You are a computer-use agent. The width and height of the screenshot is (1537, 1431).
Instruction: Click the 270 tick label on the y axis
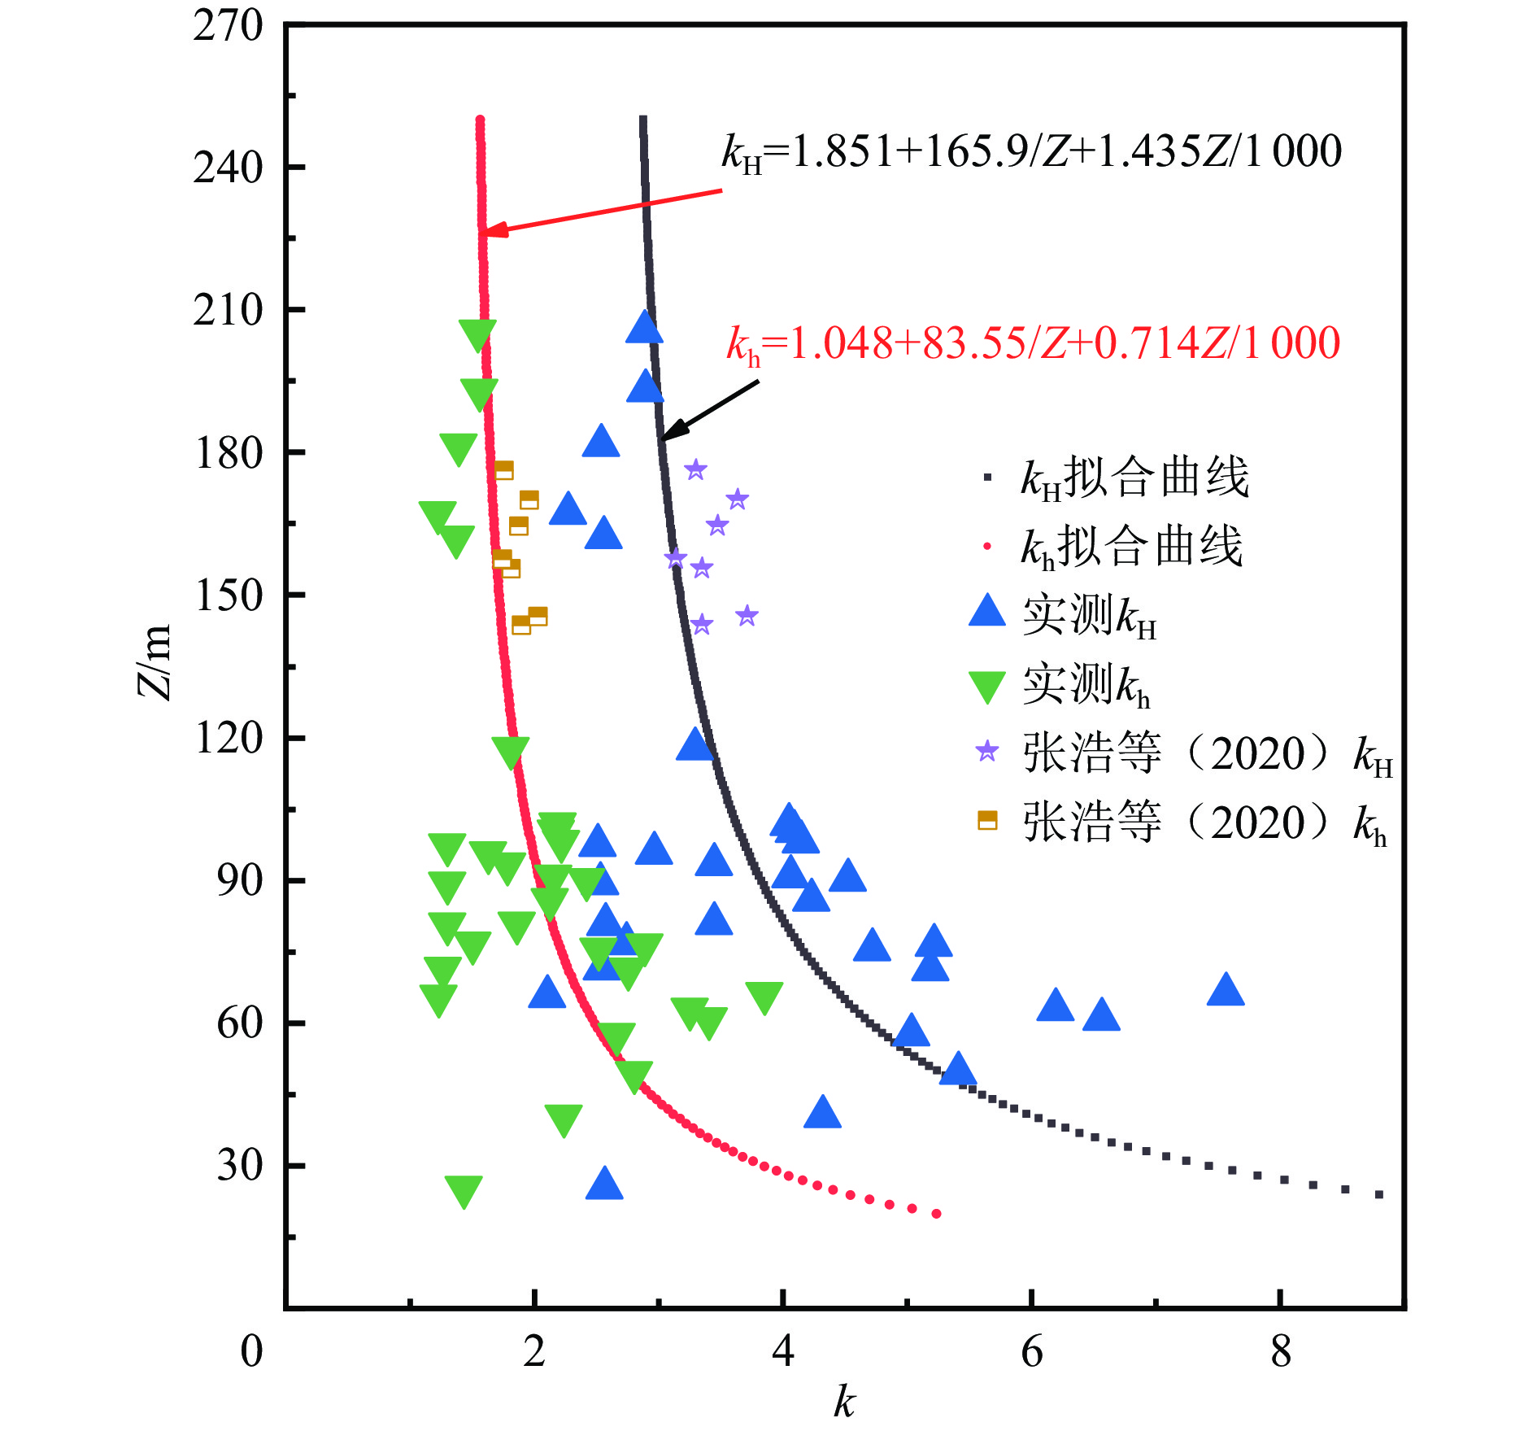click(x=228, y=26)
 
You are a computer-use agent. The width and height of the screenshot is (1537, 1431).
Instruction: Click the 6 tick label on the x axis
click(x=1031, y=1351)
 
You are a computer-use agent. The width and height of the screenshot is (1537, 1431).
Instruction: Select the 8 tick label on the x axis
click(x=1281, y=1351)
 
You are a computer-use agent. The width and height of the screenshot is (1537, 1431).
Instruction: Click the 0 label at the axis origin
click(x=251, y=1351)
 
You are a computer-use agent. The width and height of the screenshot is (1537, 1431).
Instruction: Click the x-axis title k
click(x=844, y=1402)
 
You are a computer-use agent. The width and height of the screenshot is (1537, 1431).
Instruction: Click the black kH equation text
click(x=1031, y=152)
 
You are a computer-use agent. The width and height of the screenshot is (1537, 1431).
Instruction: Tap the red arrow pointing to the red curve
click(x=602, y=212)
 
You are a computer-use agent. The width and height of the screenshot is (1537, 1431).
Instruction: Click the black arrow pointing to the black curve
click(x=709, y=410)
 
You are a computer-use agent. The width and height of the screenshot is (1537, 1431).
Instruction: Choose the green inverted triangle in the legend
click(x=987, y=685)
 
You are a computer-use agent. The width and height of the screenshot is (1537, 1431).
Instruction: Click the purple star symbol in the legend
click(x=987, y=752)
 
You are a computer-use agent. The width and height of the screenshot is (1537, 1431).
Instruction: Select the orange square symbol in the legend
click(x=987, y=821)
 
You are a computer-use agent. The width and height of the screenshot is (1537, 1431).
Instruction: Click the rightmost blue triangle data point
click(x=1226, y=991)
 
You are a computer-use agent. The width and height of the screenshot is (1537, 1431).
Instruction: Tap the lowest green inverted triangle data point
click(x=464, y=1191)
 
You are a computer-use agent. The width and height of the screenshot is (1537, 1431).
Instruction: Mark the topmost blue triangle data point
click(x=644, y=328)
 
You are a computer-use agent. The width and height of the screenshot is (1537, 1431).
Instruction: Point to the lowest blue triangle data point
click(x=604, y=1185)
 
